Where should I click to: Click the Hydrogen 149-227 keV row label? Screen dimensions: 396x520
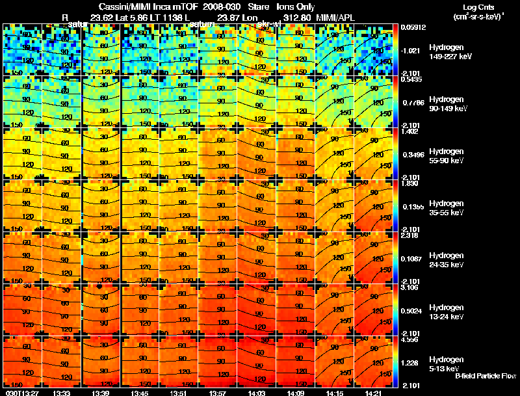(447, 52)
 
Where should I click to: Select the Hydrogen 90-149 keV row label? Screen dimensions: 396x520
(447, 104)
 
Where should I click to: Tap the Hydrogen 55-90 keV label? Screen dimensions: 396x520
(447, 156)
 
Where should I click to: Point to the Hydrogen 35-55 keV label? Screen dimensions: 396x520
(447, 208)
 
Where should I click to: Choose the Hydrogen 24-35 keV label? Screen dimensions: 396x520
(447, 260)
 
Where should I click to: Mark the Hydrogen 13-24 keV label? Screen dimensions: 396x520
(447, 312)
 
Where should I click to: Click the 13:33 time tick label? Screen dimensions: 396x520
(62, 392)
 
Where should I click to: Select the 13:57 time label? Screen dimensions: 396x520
(219, 392)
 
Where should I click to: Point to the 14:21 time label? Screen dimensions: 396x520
(375, 392)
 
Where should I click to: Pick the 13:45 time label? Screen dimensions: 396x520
(140, 392)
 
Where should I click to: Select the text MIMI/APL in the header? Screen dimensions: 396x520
(337, 16)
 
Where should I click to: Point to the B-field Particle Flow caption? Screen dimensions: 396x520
(485, 376)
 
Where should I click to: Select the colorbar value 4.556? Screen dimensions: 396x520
(409, 339)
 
